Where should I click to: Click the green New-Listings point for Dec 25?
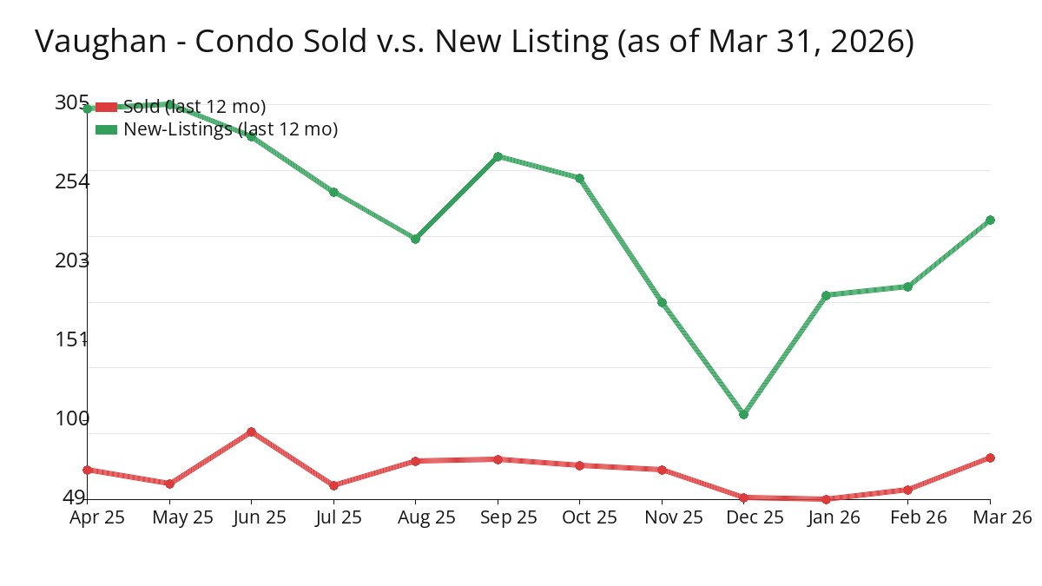tap(743, 414)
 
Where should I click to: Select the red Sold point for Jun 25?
tap(251, 431)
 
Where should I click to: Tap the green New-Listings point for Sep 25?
tap(498, 156)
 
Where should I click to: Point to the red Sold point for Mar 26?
tap(990, 458)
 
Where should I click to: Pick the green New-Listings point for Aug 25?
tap(415, 239)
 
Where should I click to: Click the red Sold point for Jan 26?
tap(826, 499)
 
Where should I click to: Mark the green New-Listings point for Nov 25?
tap(662, 302)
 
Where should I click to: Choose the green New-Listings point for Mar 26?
tap(990, 220)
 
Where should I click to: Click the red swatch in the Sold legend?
tap(106, 107)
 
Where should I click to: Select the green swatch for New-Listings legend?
tap(106, 129)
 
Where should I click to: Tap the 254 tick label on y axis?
tap(72, 181)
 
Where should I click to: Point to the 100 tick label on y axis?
tap(72, 418)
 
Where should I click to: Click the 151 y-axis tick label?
tap(72, 339)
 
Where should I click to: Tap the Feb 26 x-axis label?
tap(907, 517)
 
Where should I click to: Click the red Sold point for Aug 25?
tap(415, 461)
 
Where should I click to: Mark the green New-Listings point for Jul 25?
tap(333, 192)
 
